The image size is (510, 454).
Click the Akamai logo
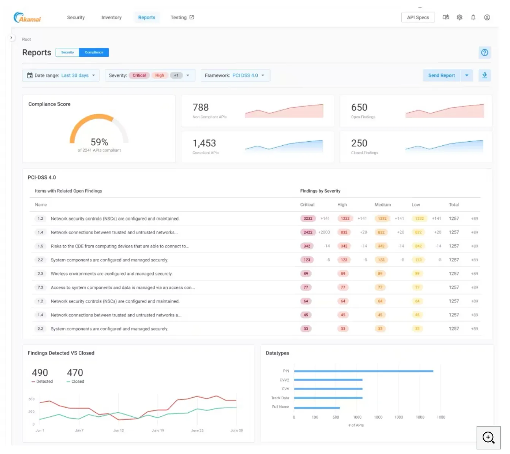click(x=27, y=18)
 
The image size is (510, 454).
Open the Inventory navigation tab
click(x=111, y=17)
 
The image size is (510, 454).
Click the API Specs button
click(x=418, y=17)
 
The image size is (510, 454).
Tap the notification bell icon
click(x=473, y=17)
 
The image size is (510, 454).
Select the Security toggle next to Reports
click(x=68, y=52)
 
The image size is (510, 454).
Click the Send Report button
click(x=441, y=76)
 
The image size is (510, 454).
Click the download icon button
click(x=485, y=76)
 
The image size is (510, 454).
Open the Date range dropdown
click(x=61, y=76)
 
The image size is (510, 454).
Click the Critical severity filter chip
click(x=139, y=76)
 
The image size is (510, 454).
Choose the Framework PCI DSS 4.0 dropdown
click(x=235, y=76)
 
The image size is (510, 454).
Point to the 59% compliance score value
click(x=99, y=142)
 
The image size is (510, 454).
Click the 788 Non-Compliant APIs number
click(x=201, y=107)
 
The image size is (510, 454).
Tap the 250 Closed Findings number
click(x=359, y=143)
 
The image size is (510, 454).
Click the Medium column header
click(x=382, y=205)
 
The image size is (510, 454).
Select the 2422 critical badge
click(x=308, y=232)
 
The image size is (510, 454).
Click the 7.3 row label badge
click(x=40, y=287)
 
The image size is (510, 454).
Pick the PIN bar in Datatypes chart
click(x=363, y=371)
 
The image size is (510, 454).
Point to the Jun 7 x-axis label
click(x=79, y=430)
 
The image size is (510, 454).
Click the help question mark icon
click(x=485, y=53)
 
